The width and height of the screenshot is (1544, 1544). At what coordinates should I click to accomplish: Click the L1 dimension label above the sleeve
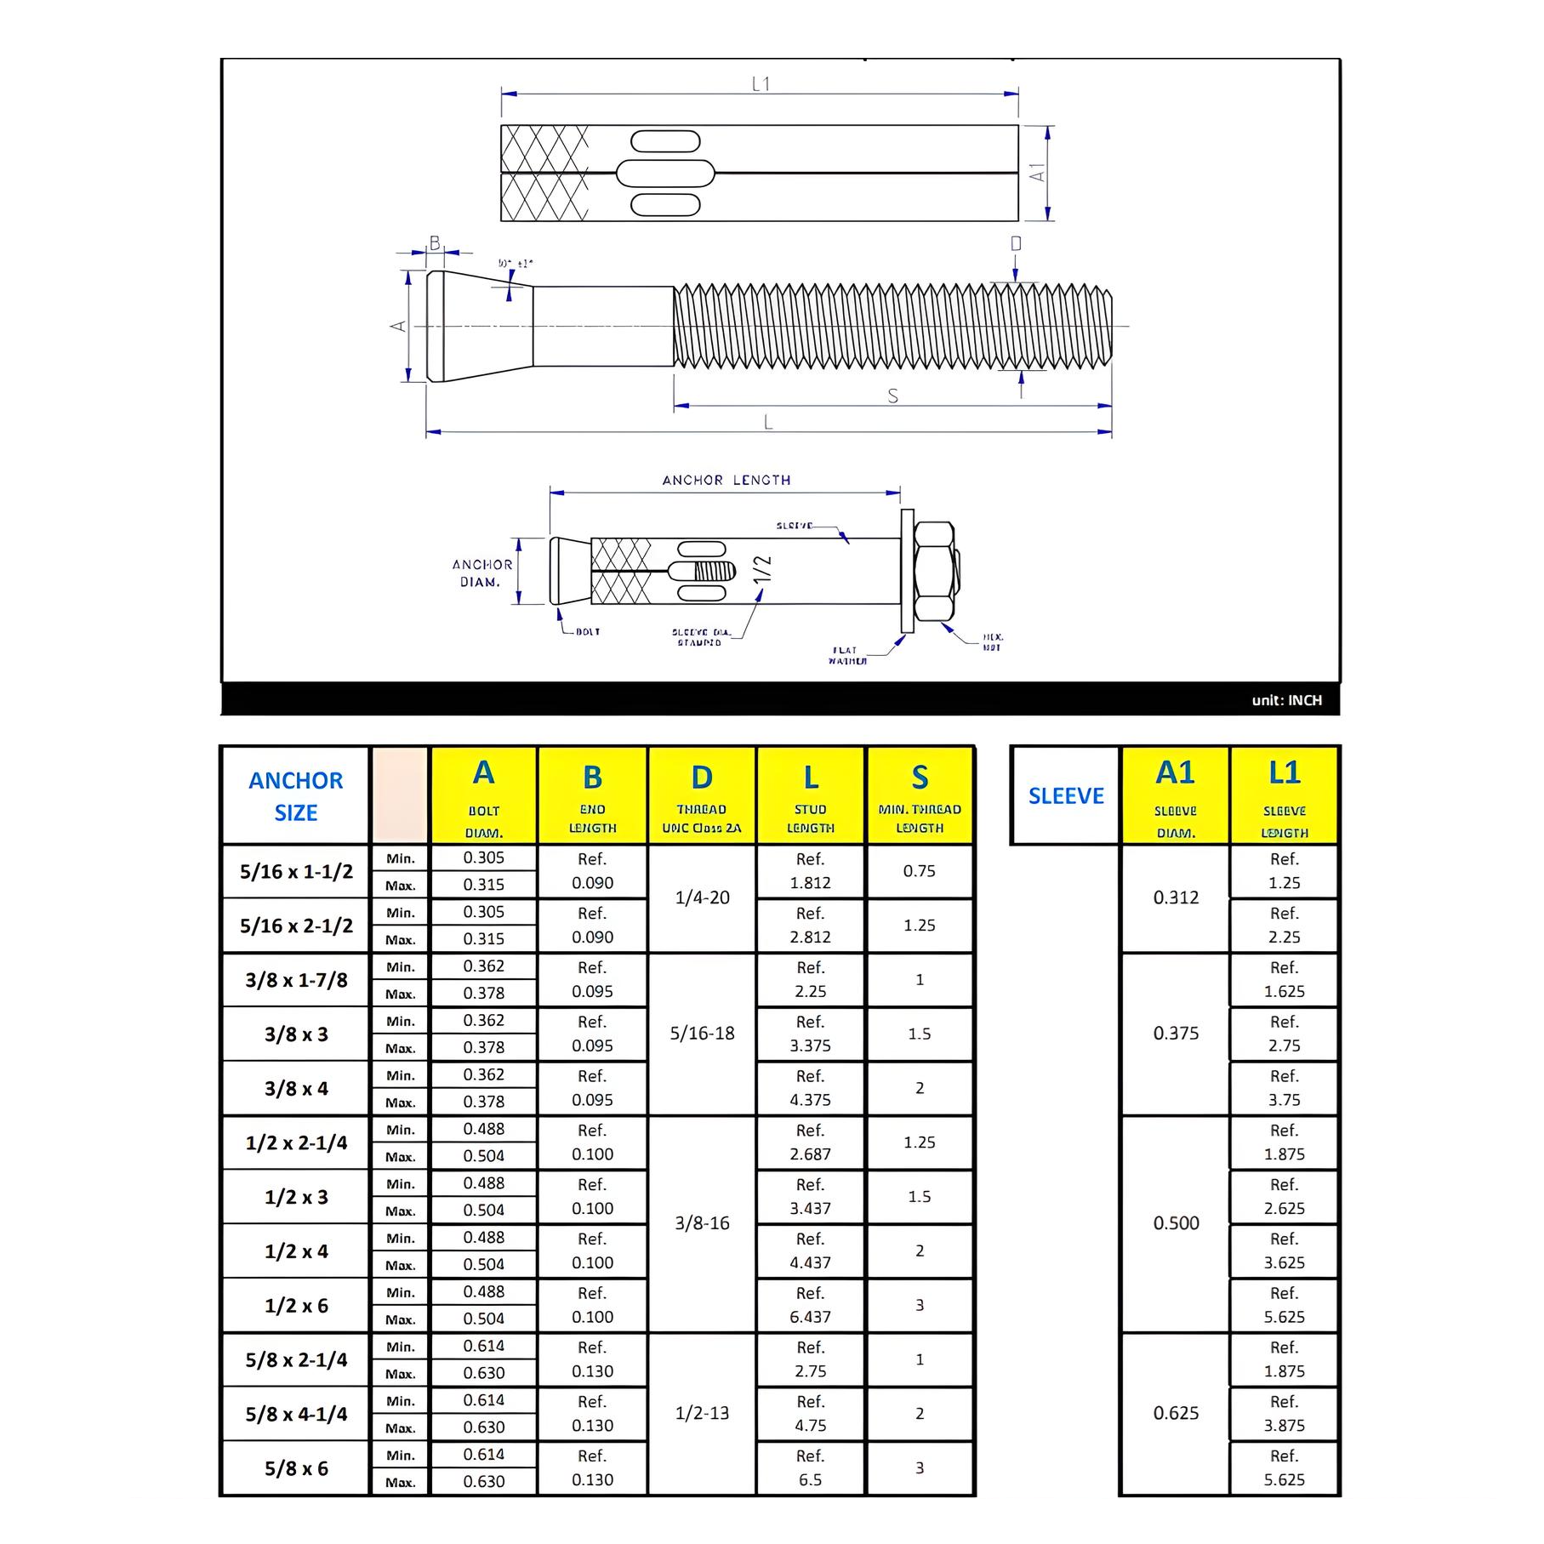point(761,83)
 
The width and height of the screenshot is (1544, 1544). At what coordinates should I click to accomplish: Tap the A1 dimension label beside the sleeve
point(1037,173)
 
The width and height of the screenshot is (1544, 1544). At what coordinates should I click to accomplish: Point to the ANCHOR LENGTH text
point(726,480)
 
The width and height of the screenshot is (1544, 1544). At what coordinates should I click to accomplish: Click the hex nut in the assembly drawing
point(934,571)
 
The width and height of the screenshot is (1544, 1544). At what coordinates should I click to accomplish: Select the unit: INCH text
point(1286,700)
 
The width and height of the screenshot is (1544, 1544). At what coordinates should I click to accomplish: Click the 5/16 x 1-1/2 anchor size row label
point(296,871)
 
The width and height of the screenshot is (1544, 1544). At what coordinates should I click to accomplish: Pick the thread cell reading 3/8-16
point(702,1223)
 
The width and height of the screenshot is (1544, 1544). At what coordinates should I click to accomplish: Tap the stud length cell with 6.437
point(810,1305)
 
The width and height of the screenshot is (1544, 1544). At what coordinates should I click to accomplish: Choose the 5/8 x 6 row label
point(296,1468)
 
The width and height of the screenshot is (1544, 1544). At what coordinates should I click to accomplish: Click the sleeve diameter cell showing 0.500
point(1176,1223)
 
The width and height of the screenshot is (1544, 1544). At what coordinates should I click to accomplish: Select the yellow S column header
point(919,795)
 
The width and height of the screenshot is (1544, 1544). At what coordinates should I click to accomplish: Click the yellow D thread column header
point(702,795)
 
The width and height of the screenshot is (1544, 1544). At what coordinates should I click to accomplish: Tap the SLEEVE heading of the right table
point(1066,795)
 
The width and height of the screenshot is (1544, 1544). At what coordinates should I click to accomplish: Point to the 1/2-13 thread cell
point(702,1413)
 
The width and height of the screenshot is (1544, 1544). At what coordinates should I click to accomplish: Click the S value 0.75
point(919,871)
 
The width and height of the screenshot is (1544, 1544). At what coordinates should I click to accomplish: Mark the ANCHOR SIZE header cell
point(296,795)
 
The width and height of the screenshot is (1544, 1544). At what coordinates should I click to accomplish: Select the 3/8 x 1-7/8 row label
point(296,980)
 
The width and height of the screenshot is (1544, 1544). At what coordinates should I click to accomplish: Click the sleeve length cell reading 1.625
point(1284,980)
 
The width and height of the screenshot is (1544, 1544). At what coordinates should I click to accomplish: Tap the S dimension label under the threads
point(892,396)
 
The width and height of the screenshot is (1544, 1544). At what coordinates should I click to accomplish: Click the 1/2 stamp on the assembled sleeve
point(762,569)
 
